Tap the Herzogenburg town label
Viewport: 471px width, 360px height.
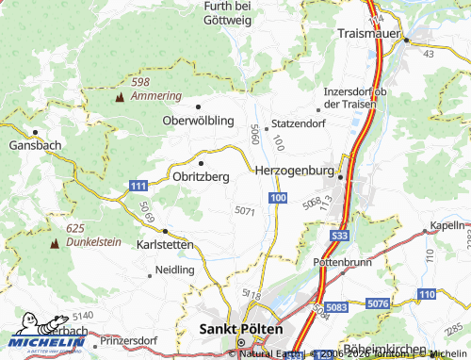pyautogui.click(x=294, y=170)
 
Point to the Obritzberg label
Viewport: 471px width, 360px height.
pyautogui.click(x=202, y=176)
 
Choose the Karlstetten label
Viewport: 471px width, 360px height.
pyautogui.click(x=165, y=244)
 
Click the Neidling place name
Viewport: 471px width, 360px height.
pyautogui.click(x=175, y=270)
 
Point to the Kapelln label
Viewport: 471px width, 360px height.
pyautogui.click(x=447, y=226)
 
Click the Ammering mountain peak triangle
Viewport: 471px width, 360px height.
pyautogui.click(x=120, y=97)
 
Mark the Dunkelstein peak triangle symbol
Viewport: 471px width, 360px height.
pyautogui.click(x=53, y=242)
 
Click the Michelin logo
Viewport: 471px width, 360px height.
pyautogui.click(x=43, y=341)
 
